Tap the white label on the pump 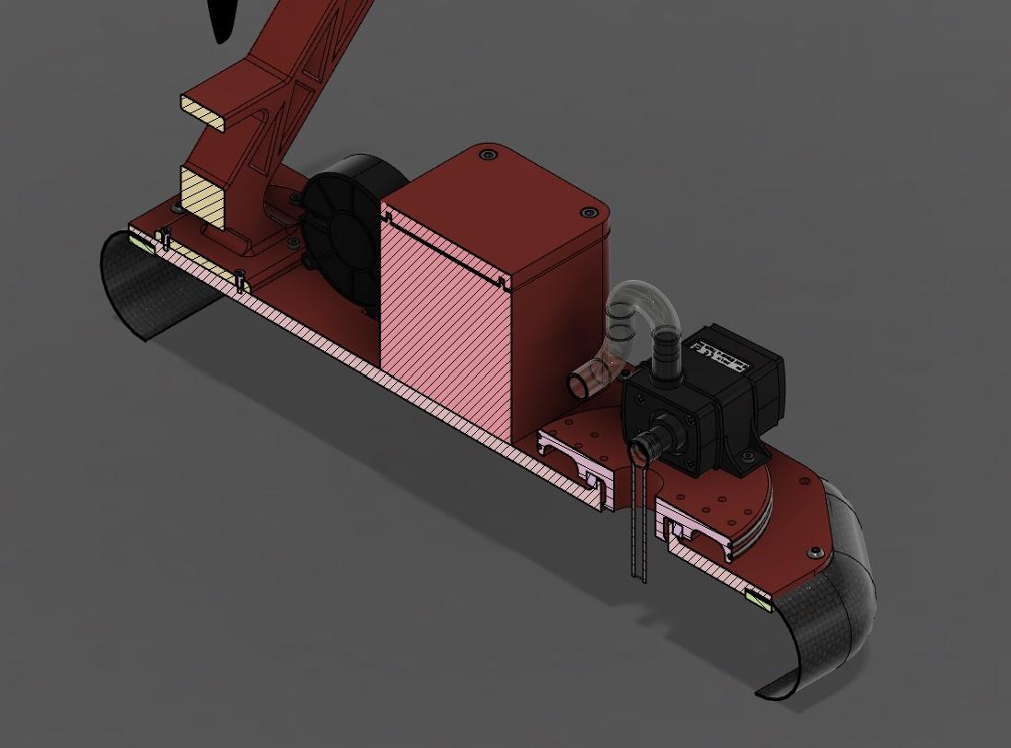718,353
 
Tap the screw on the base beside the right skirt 816,552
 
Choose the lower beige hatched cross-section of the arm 204,195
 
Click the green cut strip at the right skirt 759,601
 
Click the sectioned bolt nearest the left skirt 165,240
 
